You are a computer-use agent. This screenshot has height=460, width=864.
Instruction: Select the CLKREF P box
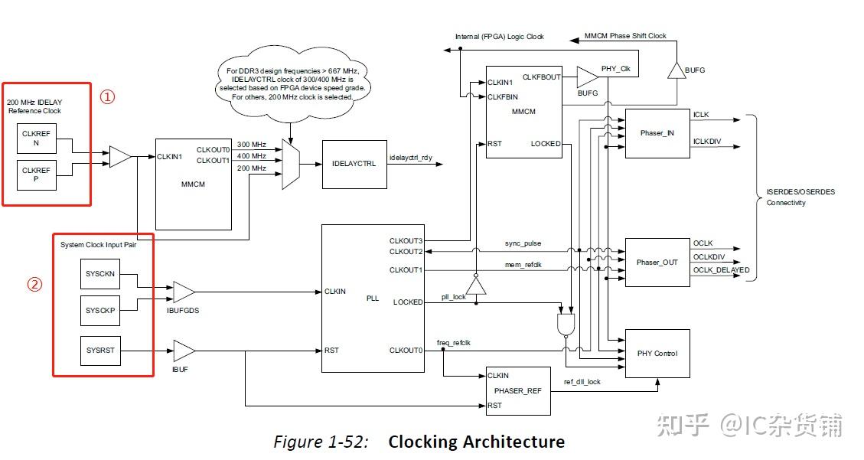click(36, 175)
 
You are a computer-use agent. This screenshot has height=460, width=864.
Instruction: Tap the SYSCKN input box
click(99, 274)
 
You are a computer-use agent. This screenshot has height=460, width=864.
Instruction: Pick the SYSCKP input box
click(99, 311)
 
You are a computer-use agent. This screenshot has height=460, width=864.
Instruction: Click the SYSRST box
click(99, 351)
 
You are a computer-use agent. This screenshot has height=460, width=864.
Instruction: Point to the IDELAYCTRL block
click(354, 164)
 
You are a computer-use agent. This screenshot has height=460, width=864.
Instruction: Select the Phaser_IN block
click(657, 133)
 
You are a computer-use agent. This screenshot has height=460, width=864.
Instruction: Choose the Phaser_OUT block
click(657, 263)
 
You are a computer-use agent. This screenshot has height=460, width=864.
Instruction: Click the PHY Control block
click(657, 354)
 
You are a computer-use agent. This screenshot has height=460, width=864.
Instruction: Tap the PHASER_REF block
click(518, 390)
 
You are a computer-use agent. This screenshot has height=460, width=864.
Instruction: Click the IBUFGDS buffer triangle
click(184, 292)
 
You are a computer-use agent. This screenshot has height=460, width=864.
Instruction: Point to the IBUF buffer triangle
click(184, 351)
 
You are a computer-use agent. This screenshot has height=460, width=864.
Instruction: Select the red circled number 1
click(109, 97)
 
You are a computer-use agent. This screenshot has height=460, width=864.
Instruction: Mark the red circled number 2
click(34, 284)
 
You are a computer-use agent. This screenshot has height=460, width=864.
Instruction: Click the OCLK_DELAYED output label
click(721, 270)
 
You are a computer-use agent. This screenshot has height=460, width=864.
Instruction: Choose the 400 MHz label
click(251, 156)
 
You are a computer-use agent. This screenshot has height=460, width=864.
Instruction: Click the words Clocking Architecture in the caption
click(476, 442)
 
